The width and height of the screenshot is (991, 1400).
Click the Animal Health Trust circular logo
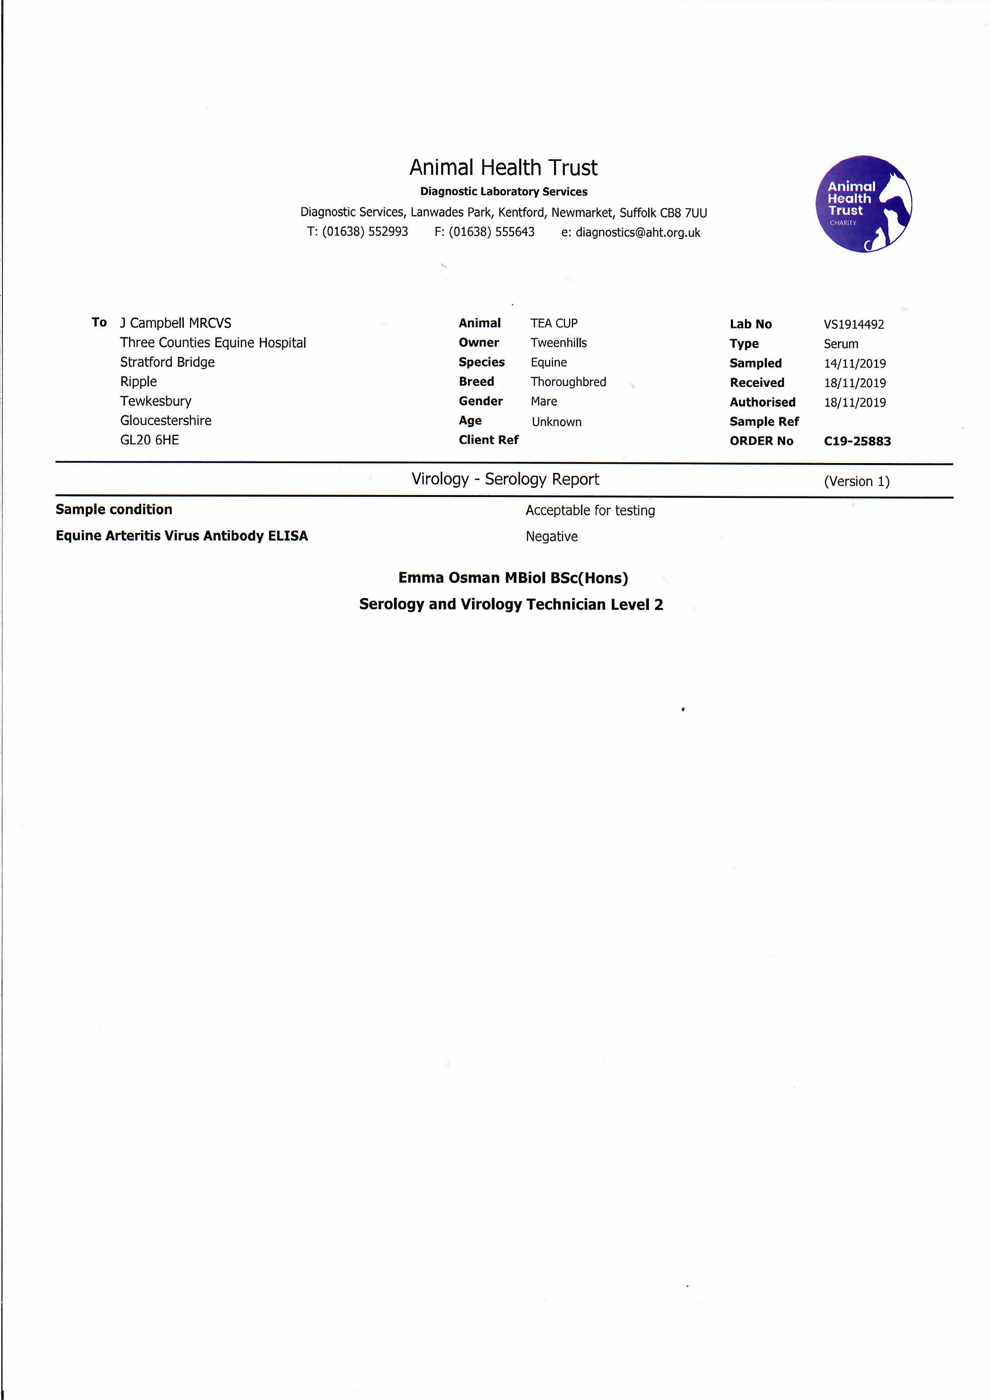coord(864,204)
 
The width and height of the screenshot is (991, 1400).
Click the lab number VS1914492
coord(853,325)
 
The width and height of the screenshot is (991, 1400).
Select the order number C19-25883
coord(857,441)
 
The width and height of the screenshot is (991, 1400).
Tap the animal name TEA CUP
coord(553,323)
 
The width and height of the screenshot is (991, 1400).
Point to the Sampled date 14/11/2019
coord(854,363)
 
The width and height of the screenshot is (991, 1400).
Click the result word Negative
coord(551,537)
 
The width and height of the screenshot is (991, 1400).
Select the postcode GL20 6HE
coord(149,440)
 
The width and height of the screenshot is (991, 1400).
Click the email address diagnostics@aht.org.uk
coord(638,232)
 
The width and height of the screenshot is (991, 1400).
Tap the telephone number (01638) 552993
coord(365,232)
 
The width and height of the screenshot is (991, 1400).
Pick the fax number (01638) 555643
coord(491,232)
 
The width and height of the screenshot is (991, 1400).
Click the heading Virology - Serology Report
coord(505,479)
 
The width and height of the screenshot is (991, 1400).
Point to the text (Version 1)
coord(856,481)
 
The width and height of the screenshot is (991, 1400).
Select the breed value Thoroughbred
coord(568,382)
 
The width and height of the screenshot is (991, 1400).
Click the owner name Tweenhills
coord(558,343)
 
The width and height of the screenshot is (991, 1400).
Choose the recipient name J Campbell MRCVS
coord(176,323)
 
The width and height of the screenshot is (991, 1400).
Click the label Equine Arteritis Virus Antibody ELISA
coord(182,536)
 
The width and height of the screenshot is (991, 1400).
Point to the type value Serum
coord(840,344)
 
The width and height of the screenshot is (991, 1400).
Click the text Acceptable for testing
coord(590,510)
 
